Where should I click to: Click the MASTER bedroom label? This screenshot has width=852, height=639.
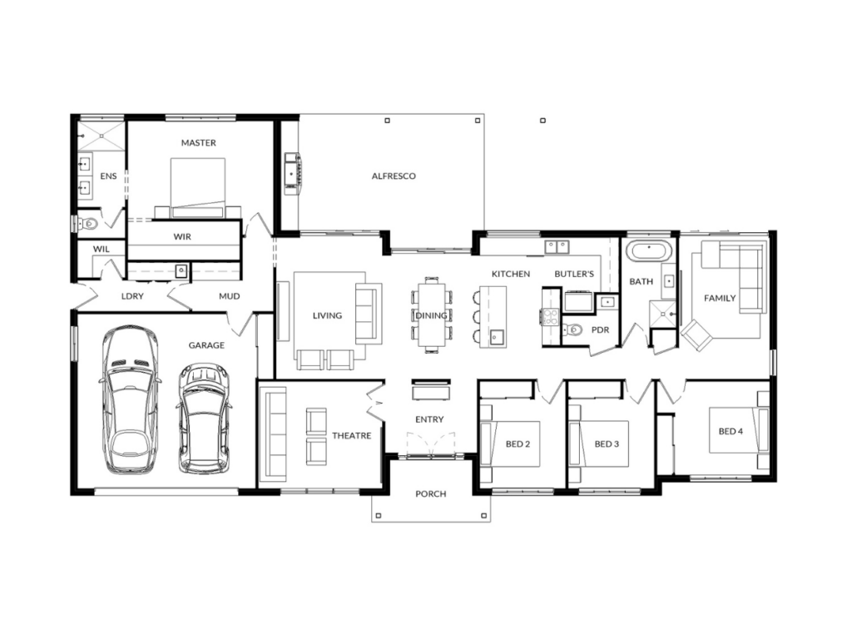[198, 143]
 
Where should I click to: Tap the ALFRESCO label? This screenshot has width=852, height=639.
[394, 176]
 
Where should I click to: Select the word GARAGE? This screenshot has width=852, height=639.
[206, 345]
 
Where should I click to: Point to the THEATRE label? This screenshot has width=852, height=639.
[352, 436]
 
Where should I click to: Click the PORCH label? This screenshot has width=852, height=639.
[430, 494]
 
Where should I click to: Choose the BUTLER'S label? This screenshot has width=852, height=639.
[574, 274]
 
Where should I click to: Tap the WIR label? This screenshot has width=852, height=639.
[182, 237]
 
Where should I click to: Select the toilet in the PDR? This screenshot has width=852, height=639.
[572, 329]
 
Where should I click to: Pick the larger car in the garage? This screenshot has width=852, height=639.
[130, 400]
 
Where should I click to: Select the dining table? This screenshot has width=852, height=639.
[432, 315]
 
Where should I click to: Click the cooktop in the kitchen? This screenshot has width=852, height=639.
[551, 316]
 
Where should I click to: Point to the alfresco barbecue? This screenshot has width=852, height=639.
[293, 174]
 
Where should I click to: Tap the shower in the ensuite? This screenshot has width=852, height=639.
[101, 136]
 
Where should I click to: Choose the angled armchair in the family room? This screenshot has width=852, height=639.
[697, 335]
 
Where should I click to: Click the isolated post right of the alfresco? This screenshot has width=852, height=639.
[542, 121]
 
